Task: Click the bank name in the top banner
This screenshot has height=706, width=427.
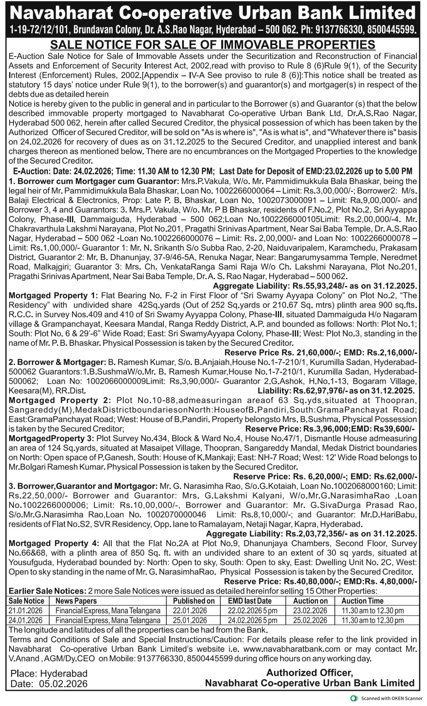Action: tap(213, 13)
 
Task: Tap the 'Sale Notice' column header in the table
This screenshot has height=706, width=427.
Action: tap(26, 601)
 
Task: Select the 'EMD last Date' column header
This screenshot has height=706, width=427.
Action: tap(249, 601)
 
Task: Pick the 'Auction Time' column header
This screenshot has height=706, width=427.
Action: tap(362, 601)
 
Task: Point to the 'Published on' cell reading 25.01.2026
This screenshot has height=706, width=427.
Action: tap(190, 620)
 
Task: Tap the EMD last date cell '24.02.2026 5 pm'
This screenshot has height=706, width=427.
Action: tap(252, 620)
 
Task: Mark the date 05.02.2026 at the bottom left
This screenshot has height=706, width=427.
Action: tap(63, 684)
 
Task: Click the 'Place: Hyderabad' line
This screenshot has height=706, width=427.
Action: tap(49, 673)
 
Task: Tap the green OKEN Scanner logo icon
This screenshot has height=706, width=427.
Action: tap(354, 698)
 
